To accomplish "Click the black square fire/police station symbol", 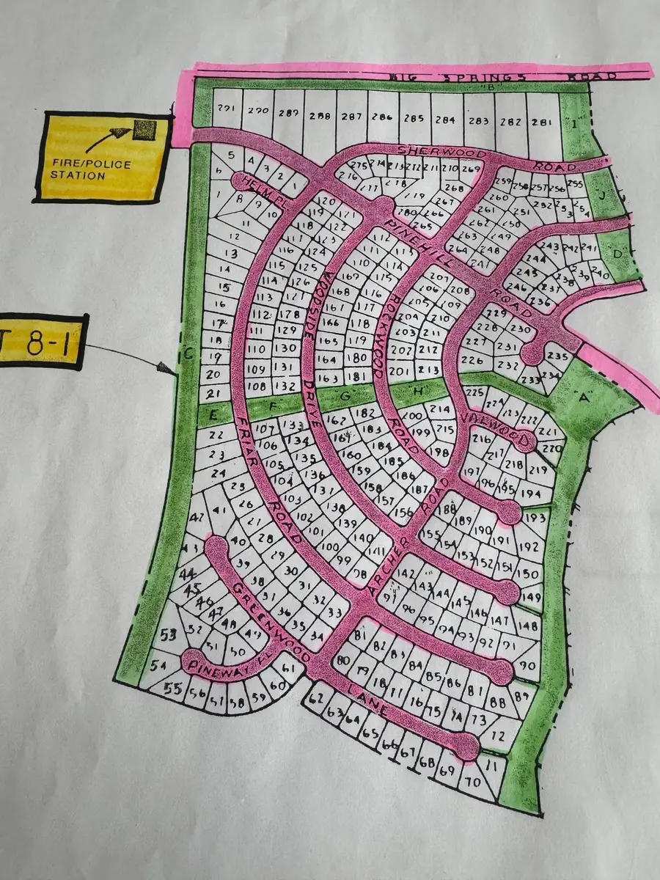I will tap(144, 131).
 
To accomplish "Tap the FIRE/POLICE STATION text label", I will tap(92, 169).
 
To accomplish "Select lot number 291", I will tap(227, 110).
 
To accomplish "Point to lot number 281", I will tap(543, 122).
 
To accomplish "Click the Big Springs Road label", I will tap(411, 76).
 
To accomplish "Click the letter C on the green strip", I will tap(188, 354).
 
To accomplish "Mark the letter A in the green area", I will tap(584, 398).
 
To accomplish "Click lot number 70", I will tap(473, 782).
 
